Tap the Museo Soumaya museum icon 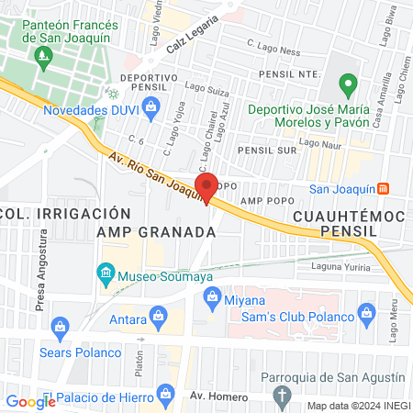106,273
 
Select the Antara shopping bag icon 162,318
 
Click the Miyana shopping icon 213,297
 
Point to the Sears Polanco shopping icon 61,326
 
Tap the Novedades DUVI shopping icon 151,109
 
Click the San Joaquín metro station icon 383,188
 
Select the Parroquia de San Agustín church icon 283,394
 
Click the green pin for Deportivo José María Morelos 347,87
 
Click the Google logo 30,401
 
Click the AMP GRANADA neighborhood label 156,232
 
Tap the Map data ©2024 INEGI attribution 358,406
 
